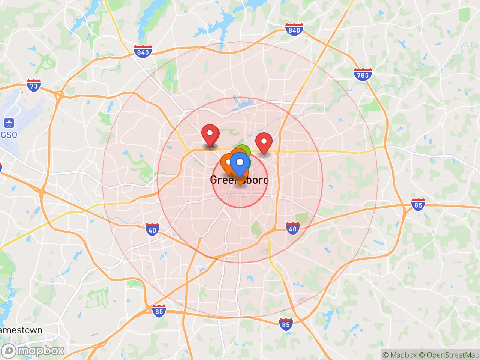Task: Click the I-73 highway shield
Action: click(34, 85)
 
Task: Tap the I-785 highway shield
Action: click(363, 74)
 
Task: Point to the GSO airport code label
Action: click(9, 135)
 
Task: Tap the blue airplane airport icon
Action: click(9, 123)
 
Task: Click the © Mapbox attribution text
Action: click(399, 355)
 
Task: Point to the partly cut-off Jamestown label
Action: click(21, 330)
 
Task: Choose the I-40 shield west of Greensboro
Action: click(152, 229)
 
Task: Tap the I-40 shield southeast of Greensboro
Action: click(292, 228)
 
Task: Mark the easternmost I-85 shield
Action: click(418, 205)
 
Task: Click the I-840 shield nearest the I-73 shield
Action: click(143, 52)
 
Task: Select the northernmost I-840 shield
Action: click(294, 30)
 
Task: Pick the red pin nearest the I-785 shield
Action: click(264, 142)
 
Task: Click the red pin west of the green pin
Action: click(210, 134)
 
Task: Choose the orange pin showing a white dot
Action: click(228, 163)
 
